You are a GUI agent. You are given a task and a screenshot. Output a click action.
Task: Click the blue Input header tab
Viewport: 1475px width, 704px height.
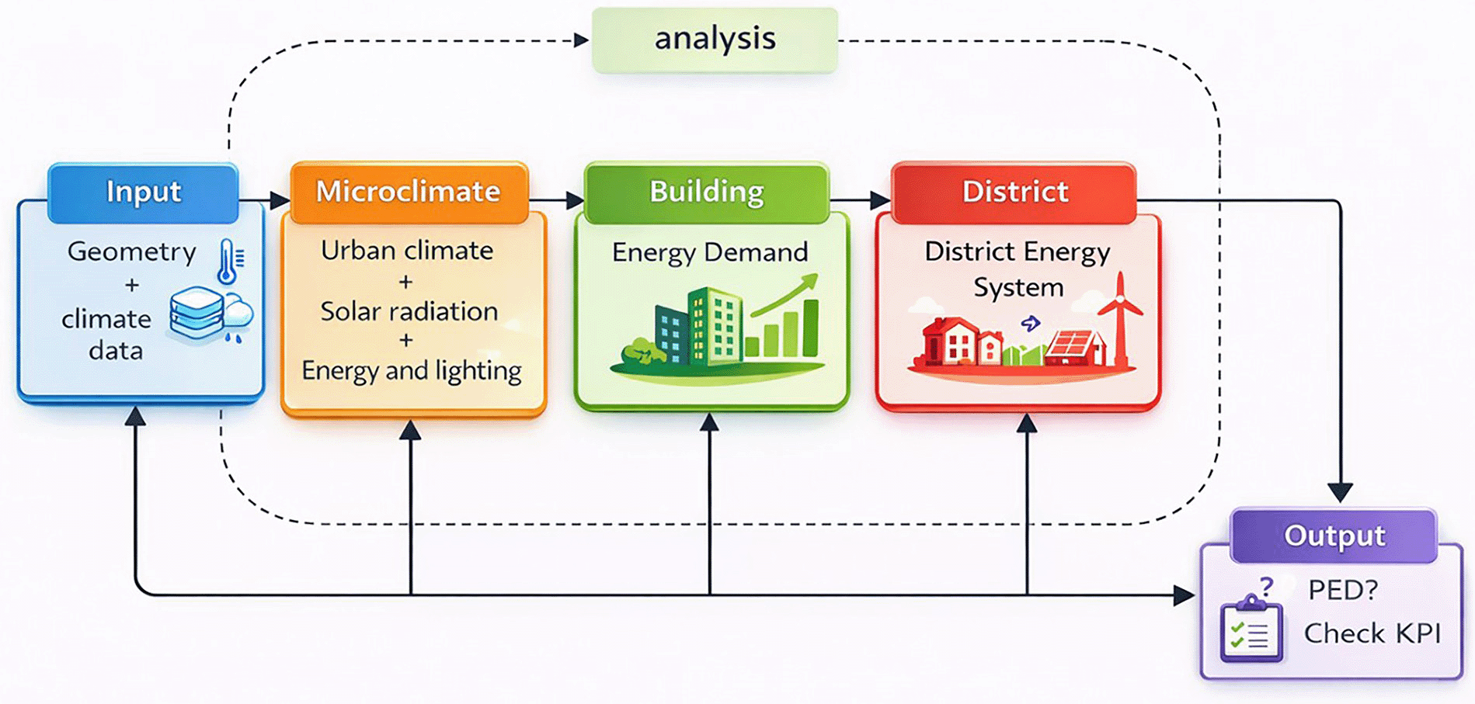pos(143,192)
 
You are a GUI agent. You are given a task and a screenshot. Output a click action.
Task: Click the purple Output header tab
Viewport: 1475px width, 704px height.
pos(1334,536)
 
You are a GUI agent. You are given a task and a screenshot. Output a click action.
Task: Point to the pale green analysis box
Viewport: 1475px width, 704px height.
pos(715,40)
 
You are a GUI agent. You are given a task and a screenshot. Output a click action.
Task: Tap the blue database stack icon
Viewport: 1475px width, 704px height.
pos(197,313)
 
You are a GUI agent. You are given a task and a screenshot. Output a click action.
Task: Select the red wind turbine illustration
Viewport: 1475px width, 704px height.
pos(1120,318)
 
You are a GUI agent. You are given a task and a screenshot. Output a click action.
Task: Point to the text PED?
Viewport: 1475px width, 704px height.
pos(1343,591)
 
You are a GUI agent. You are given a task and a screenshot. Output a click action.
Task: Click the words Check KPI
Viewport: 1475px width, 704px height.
pos(1372,633)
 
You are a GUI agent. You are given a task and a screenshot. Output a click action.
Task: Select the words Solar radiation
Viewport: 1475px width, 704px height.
pos(409,311)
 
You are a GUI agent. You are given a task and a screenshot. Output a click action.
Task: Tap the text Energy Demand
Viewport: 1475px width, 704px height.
pos(710,252)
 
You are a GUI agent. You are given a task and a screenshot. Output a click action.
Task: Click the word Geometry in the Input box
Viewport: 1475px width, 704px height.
pos(132,252)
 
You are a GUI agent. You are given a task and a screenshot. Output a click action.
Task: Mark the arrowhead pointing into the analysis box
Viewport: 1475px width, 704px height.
pos(582,40)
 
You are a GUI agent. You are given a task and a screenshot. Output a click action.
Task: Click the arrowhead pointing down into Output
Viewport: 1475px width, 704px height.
pos(1340,492)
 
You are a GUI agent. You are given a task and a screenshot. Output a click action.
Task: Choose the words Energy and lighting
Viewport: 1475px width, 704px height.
pos(412,371)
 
